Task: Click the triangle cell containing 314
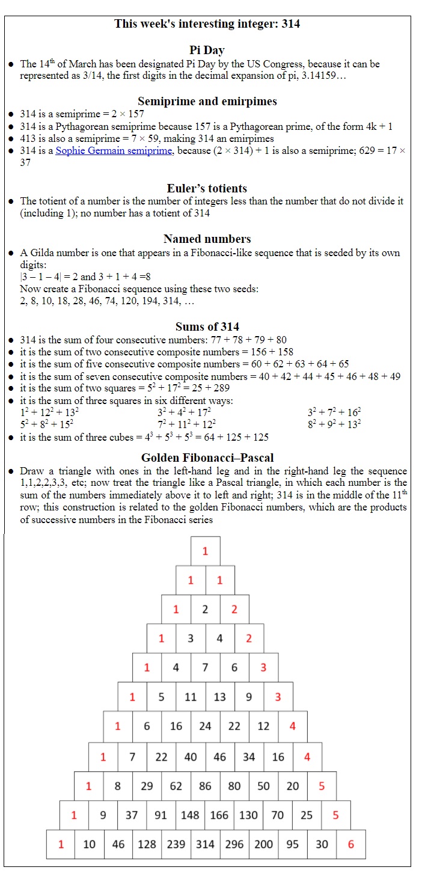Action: [205, 844]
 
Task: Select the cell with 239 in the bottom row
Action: [176, 844]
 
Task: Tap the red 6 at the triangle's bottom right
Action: [351, 844]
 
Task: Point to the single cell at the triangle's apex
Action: [205, 551]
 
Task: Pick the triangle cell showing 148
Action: [190, 815]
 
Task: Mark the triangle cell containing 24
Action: [205, 726]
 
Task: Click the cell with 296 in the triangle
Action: [234, 844]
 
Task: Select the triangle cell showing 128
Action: [147, 844]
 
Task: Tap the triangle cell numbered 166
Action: [219, 815]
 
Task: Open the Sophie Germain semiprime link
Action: [114, 151]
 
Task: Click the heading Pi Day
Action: [207, 50]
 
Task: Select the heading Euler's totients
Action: [207, 188]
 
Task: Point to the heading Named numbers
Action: [207, 239]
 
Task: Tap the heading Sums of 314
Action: [207, 326]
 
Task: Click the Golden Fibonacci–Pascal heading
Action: [207, 458]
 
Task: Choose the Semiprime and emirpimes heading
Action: [207, 101]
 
